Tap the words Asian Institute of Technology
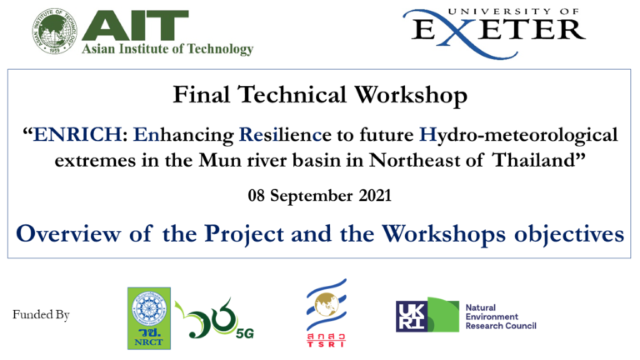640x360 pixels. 167,49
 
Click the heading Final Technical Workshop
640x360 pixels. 320,96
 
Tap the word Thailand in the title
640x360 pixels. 545,158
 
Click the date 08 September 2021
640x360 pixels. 320,197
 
